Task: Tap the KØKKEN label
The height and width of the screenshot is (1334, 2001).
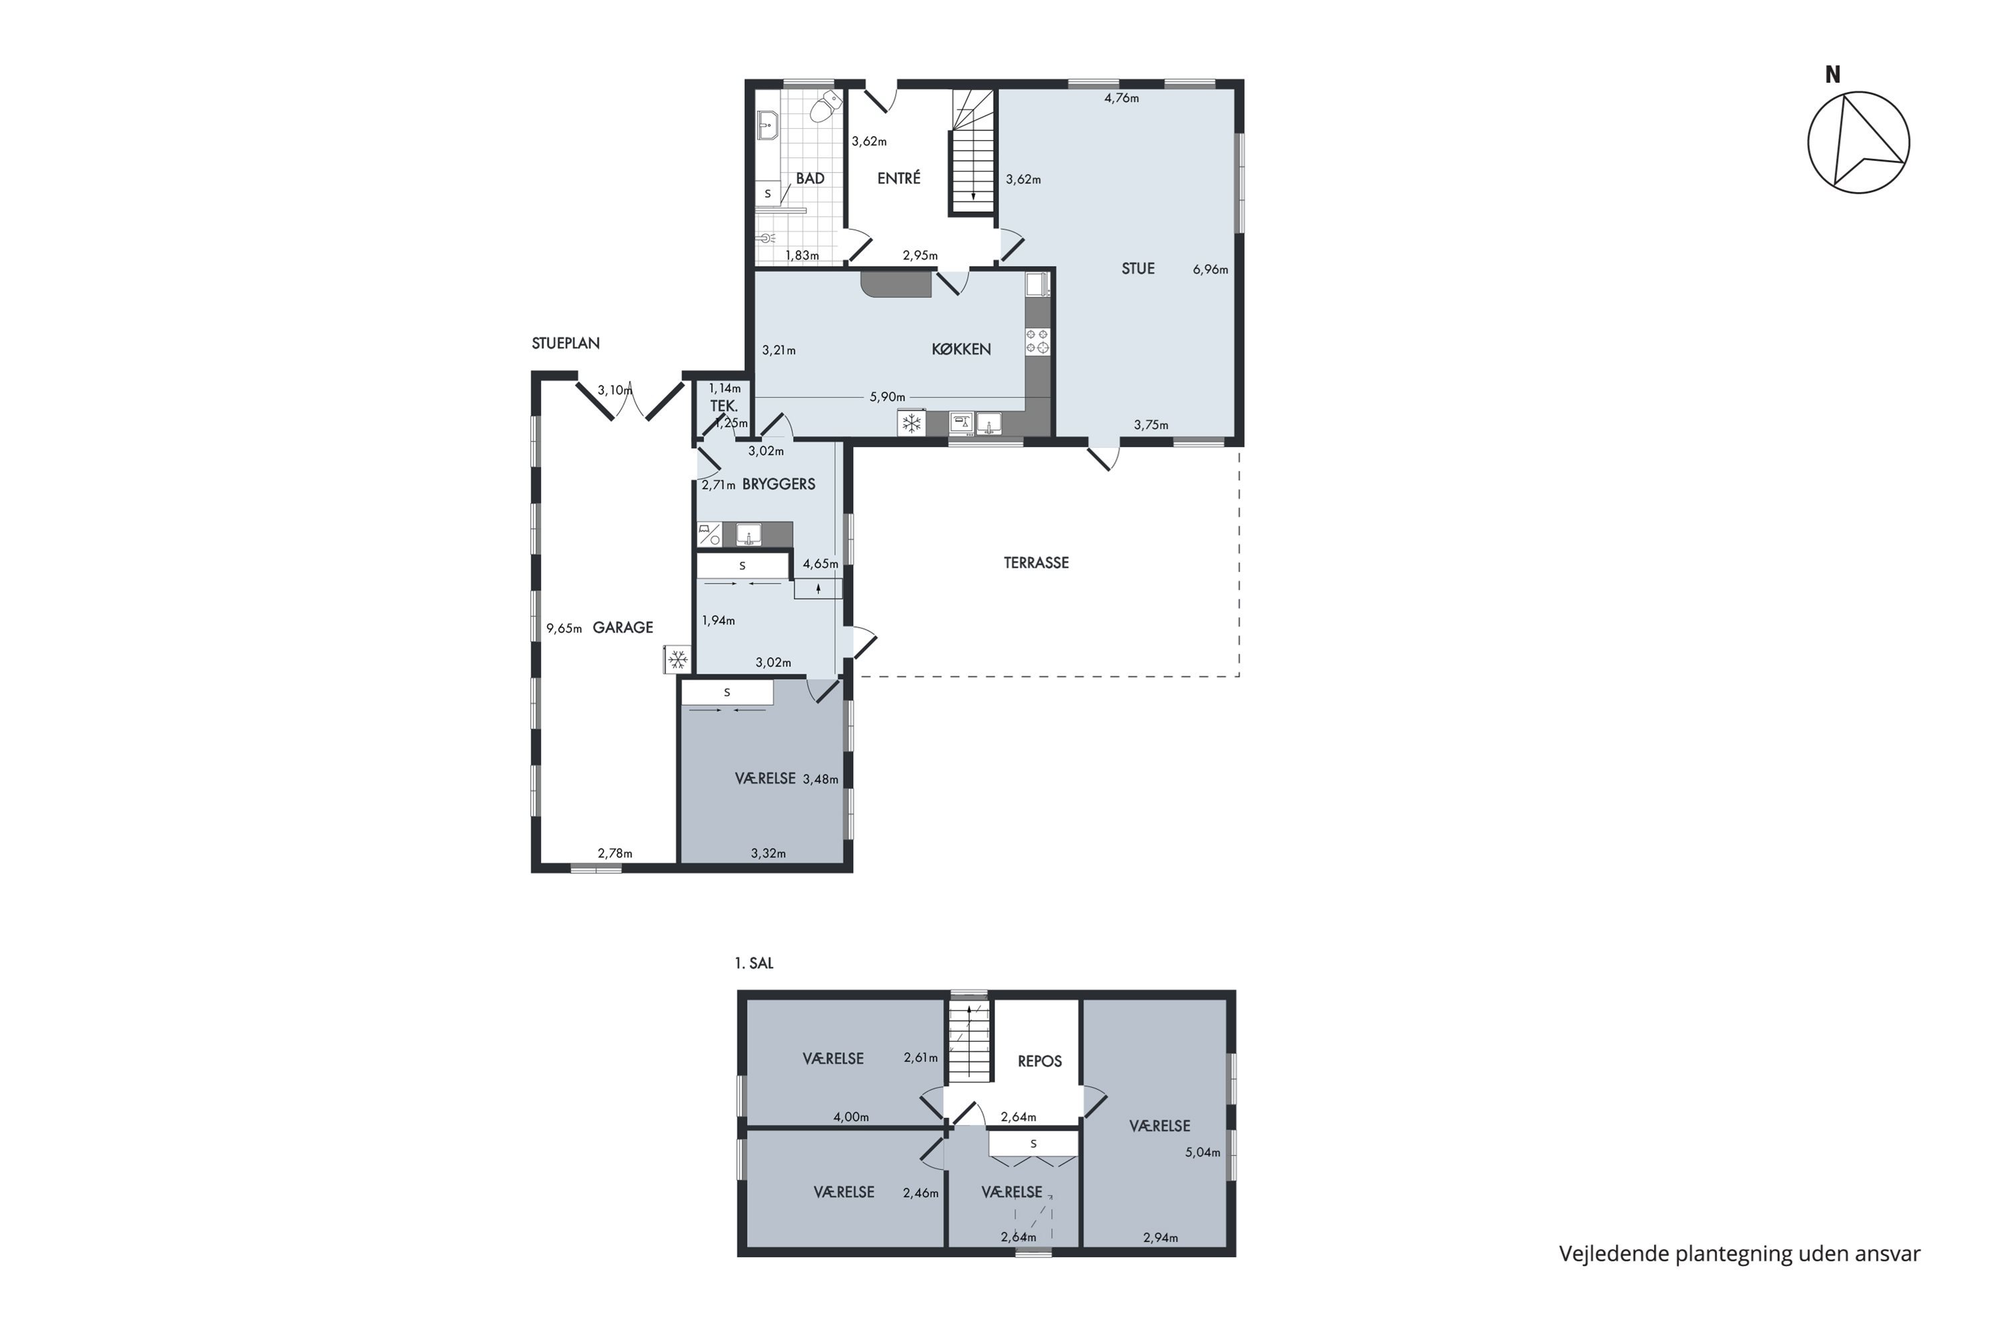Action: point(960,349)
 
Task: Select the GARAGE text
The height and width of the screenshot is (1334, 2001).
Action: point(623,628)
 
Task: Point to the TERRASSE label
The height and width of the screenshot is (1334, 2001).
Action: point(1037,562)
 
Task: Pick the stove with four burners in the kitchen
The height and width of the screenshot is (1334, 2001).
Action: point(1037,341)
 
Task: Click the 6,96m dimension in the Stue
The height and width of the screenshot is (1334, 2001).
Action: point(1210,269)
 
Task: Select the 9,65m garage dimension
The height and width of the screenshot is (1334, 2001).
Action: point(564,629)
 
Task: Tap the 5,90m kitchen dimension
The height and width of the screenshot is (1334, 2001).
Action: point(886,396)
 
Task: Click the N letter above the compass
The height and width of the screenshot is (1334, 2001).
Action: point(1832,75)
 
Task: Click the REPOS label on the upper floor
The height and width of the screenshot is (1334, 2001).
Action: point(1040,1062)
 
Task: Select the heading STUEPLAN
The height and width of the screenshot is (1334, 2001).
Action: point(566,344)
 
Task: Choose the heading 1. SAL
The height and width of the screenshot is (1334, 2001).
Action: point(754,964)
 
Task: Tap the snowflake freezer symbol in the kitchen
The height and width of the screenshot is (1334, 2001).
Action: point(911,423)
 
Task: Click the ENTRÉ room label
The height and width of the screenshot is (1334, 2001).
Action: point(898,178)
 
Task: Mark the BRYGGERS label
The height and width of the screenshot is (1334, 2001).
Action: point(778,484)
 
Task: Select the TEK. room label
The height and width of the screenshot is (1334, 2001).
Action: point(724,407)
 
